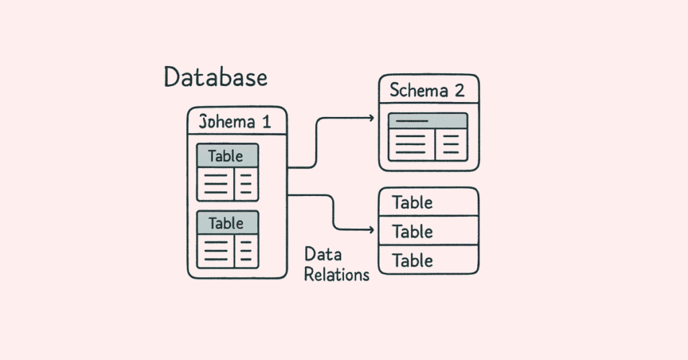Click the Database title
[x=216, y=78]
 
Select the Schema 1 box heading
[x=236, y=122]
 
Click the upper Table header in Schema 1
[x=227, y=156]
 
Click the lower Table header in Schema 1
[x=227, y=222]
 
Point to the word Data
[x=323, y=255]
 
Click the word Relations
[x=337, y=274]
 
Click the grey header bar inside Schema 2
[x=428, y=121]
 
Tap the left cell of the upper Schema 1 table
[x=215, y=183]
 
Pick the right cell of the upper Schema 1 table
[x=247, y=183]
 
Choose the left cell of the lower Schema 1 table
[x=215, y=249]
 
